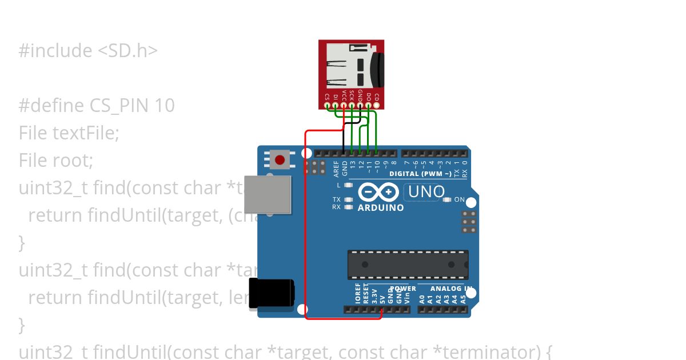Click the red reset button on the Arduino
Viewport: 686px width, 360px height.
click(x=280, y=159)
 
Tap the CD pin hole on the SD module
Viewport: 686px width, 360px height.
click(x=377, y=105)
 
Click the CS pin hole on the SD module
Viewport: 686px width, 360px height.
click(x=327, y=105)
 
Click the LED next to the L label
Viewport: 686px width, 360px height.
click(x=348, y=185)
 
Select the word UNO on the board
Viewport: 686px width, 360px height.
click(x=426, y=192)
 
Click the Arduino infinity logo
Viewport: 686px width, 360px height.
click(x=378, y=193)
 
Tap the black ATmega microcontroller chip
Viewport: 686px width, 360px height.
click(x=408, y=265)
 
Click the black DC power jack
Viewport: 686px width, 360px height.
click(x=272, y=295)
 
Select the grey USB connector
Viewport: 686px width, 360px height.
click(x=268, y=195)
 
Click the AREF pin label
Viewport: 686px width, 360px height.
click(x=337, y=167)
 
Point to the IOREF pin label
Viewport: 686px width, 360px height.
click(x=358, y=293)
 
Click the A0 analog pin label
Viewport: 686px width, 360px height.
click(x=422, y=298)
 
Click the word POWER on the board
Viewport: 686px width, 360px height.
click(x=403, y=289)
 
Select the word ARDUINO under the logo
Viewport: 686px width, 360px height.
click(x=380, y=207)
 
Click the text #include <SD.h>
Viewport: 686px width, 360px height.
click(x=88, y=51)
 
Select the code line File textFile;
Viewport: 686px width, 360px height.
click(x=69, y=133)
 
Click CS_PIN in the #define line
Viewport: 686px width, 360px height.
click(x=119, y=106)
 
